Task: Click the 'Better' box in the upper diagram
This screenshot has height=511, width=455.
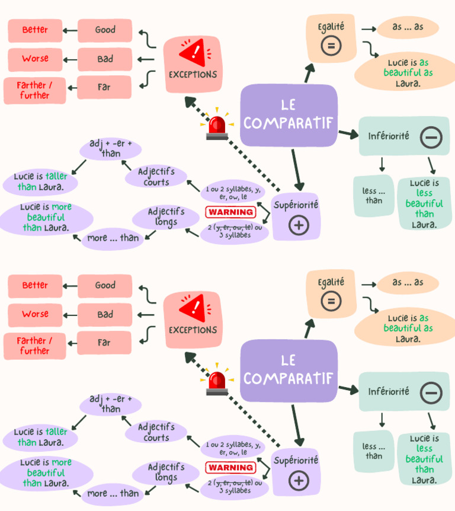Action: [x=35, y=30]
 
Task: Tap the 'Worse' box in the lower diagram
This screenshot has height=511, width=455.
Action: [x=35, y=314]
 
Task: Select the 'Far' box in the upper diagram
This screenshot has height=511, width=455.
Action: [x=104, y=87]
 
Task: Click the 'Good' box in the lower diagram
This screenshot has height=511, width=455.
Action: [x=105, y=286]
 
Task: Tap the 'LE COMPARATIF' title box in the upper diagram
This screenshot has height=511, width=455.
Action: [x=289, y=115]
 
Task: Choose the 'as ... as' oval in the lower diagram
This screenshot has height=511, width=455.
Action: [x=408, y=283]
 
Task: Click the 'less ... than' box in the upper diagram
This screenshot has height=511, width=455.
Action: [x=374, y=195]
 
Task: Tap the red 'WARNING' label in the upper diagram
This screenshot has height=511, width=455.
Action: [x=230, y=212]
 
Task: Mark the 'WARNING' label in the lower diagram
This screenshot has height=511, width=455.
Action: [x=230, y=468]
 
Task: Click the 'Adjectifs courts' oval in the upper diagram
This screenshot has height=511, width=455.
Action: [x=156, y=177]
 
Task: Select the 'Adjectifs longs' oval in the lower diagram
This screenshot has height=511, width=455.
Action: [x=166, y=472]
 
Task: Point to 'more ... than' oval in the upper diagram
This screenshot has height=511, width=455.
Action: [x=113, y=238]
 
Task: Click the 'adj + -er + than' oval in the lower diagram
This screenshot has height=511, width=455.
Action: [x=111, y=404]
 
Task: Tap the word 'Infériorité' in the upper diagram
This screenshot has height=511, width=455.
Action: [x=389, y=136]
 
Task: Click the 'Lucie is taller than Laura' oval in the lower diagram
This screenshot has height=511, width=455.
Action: [x=40, y=437]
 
